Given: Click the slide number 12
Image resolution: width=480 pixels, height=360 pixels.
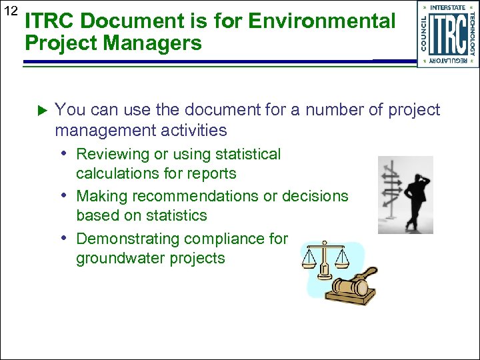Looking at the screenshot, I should pyautogui.click(x=11, y=11).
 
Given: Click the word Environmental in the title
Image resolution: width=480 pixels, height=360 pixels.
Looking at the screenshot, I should pyautogui.click(x=321, y=21).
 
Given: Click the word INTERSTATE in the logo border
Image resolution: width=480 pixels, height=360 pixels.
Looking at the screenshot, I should pyautogui.click(x=448, y=8).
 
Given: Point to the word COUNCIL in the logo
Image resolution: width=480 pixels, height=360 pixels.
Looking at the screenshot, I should pyautogui.click(x=425, y=34).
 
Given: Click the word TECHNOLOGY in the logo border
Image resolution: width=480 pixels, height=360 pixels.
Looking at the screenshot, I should pyautogui.click(x=472, y=34).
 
